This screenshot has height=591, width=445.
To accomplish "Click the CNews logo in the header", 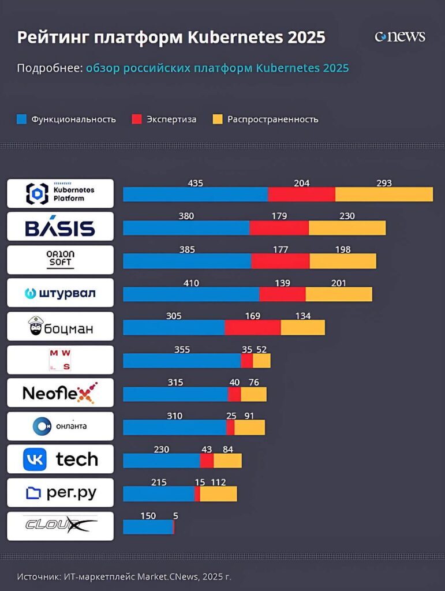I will (x=400, y=36).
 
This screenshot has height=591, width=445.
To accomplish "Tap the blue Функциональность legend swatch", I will (x=22, y=119).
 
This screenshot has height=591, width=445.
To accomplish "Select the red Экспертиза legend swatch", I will (x=137, y=119).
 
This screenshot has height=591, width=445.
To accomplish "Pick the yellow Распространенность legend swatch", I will (x=218, y=119).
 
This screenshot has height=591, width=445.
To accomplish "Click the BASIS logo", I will (x=60, y=227).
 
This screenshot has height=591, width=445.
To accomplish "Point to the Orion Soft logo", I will (x=60, y=260).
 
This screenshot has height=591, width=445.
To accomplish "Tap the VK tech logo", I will (x=60, y=459).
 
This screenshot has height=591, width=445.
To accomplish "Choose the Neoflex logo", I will (x=60, y=393).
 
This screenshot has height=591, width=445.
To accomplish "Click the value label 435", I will (x=196, y=183).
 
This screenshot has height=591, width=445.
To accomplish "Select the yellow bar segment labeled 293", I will (x=384, y=194).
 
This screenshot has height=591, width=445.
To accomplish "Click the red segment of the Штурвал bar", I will (x=282, y=294).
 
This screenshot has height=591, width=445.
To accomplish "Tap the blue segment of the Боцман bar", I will (x=174, y=328).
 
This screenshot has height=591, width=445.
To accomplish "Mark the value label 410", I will (x=191, y=283).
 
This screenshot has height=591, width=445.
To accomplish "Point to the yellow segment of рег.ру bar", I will (x=218, y=494).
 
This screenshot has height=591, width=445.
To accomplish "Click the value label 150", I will (x=148, y=516).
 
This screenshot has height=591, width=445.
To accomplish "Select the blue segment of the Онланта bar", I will (x=174, y=428).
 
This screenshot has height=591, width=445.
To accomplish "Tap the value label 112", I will (x=218, y=482).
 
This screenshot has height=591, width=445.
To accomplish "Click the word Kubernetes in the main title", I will (x=233, y=38).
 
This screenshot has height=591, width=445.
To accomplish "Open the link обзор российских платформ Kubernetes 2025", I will (x=217, y=68).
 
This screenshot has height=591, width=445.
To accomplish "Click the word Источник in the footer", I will (x=38, y=576).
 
